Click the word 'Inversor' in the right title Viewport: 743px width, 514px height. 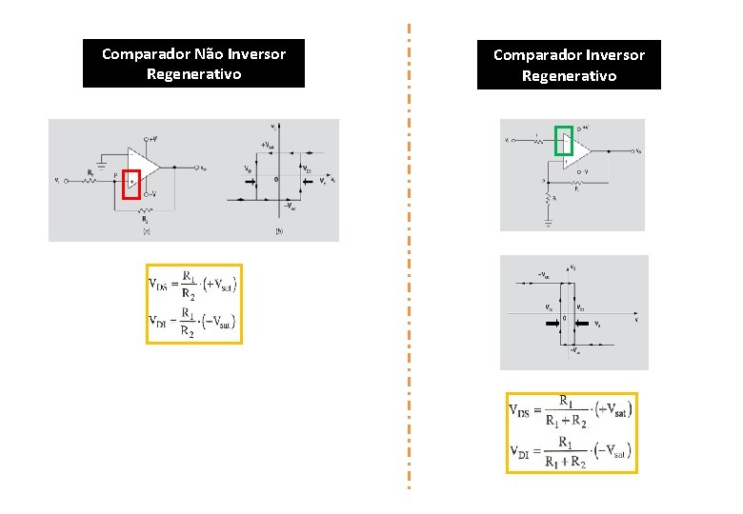tap(608, 55)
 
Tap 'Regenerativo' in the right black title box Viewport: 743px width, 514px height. tap(569, 76)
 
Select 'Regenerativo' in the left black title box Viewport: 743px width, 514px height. tap(193, 73)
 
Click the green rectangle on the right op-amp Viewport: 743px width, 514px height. tap(563, 140)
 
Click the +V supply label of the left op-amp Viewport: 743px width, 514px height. tap(152, 137)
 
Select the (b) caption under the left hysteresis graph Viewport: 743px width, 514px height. tap(279, 231)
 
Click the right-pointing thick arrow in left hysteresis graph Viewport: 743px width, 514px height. tap(249, 179)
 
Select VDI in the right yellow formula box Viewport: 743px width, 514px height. tap(521, 453)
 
